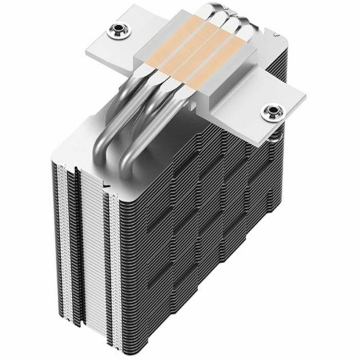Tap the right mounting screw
tap(271, 112)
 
